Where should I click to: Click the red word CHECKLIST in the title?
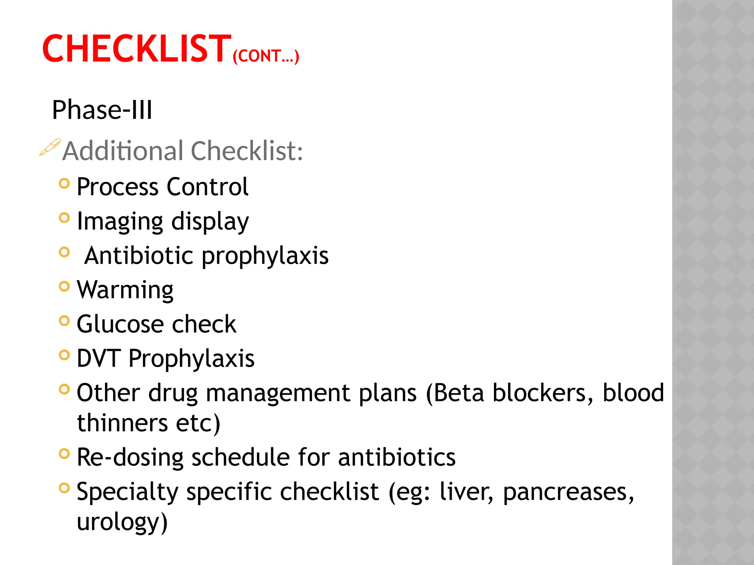(x=137, y=49)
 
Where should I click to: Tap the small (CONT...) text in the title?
(x=266, y=56)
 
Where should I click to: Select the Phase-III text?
(x=102, y=110)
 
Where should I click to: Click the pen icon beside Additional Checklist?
(x=50, y=148)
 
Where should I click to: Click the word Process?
(x=118, y=187)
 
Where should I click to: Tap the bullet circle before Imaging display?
(x=64, y=218)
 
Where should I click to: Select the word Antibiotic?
(x=138, y=256)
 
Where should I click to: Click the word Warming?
(x=125, y=290)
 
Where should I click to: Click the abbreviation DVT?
(x=98, y=358)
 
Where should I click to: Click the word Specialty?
(x=127, y=492)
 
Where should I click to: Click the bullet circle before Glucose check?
(x=64, y=321)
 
